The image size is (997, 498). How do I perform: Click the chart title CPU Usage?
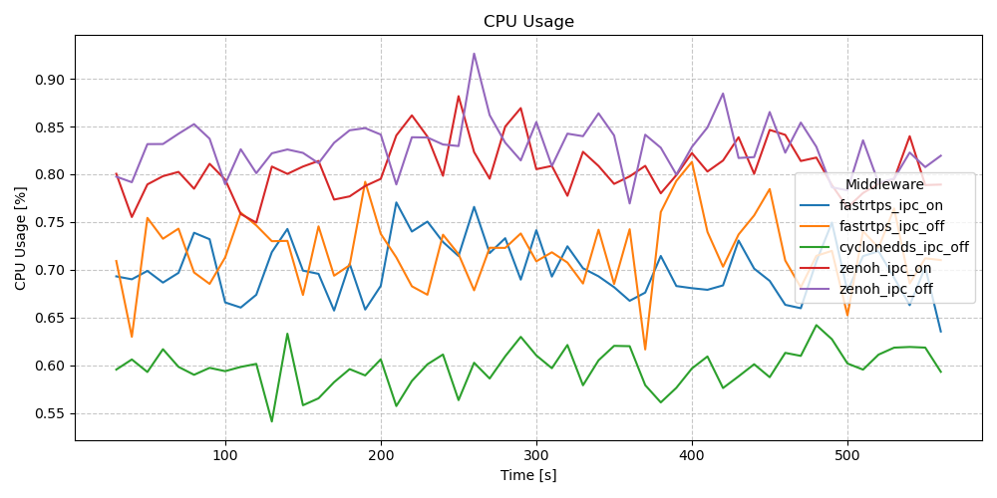tap(528, 22)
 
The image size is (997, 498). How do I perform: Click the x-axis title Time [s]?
tap(528, 476)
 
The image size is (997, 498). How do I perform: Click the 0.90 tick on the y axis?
tap(50, 80)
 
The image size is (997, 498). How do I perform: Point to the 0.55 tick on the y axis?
tap(50, 413)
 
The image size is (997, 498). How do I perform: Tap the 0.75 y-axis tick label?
tap(50, 222)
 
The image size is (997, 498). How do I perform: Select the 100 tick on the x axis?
tap(225, 455)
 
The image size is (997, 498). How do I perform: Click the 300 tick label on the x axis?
tap(536, 455)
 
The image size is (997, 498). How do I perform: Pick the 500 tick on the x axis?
tap(847, 455)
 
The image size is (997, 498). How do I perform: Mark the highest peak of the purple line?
tap(474, 54)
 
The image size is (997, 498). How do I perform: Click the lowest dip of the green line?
tap(271, 421)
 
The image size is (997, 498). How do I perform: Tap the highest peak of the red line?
tap(459, 97)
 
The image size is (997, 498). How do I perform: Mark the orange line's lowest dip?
tap(645, 350)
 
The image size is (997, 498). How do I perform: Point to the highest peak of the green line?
tap(287, 334)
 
